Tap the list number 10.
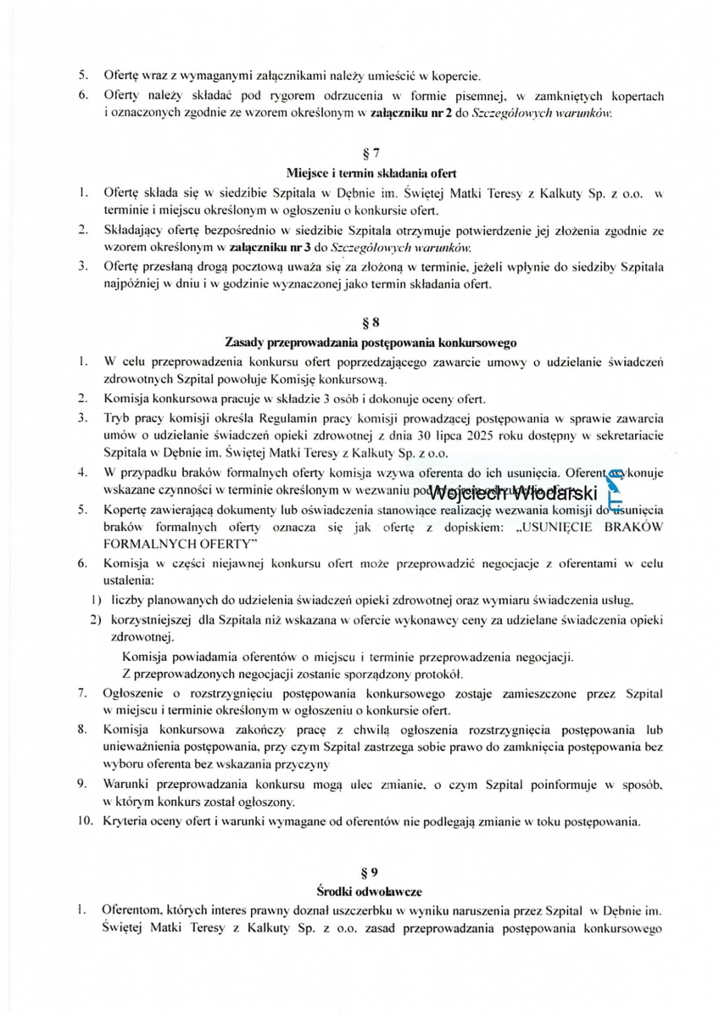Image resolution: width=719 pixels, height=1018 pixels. (86, 820)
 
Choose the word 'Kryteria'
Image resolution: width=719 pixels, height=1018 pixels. (126, 820)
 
